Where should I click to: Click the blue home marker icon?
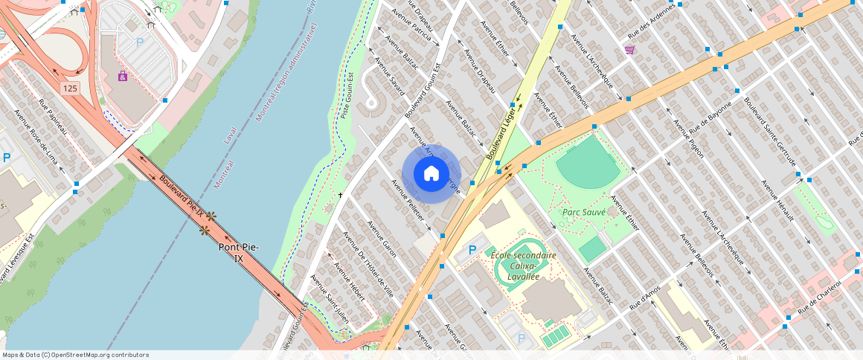pyautogui.click(x=431, y=174)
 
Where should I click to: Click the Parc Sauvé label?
pyautogui.click(x=583, y=212)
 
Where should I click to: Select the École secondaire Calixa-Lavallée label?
pyautogui.click(x=523, y=266)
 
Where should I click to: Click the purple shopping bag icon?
pyautogui.click(x=123, y=76)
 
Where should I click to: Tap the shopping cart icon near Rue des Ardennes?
pyautogui.click(x=629, y=50)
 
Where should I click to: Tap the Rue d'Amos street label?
pyautogui.click(x=644, y=298)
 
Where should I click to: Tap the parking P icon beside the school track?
pyautogui.click(x=472, y=250)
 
